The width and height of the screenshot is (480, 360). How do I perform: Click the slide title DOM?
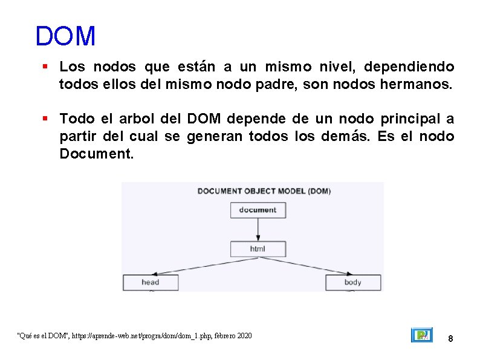pyautogui.click(x=65, y=36)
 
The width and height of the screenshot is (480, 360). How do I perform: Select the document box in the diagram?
pyautogui.click(x=258, y=210)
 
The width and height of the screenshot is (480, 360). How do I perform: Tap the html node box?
pyautogui.click(x=258, y=249)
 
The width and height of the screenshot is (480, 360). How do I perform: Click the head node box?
pyautogui.click(x=151, y=282)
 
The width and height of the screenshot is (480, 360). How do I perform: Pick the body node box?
pyautogui.click(x=352, y=282)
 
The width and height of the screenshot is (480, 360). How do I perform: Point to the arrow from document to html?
pyautogui.click(x=258, y=230)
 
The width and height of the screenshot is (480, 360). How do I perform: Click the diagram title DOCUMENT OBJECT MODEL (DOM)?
pyautogui.click(x=264, y=191)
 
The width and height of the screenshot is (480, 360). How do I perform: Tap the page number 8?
pyautogui.click(x=450, y=339)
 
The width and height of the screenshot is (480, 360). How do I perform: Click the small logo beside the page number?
pyautogui.click(x=421, y=335)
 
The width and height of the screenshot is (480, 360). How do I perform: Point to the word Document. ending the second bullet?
pyautogui.click(x=96, y=154)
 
